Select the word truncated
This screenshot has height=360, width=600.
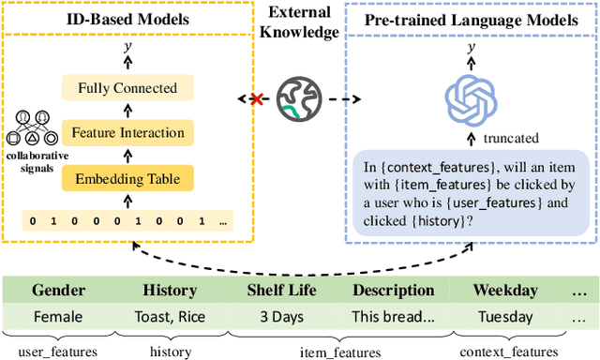click(511, 138)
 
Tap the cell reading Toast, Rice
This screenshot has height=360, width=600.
click(170, 316)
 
